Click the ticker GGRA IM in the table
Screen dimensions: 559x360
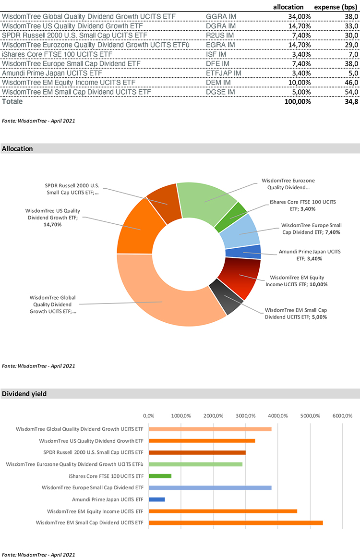[221, 16]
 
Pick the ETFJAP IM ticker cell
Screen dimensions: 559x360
[223, 73]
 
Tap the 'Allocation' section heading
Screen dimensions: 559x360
[18, 149]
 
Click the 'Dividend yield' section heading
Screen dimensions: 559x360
[24, 394]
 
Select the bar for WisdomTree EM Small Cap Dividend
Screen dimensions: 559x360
[235, 523]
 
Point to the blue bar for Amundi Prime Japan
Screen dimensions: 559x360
[156, 499]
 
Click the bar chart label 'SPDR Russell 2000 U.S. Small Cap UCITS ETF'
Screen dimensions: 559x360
[93, 452]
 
